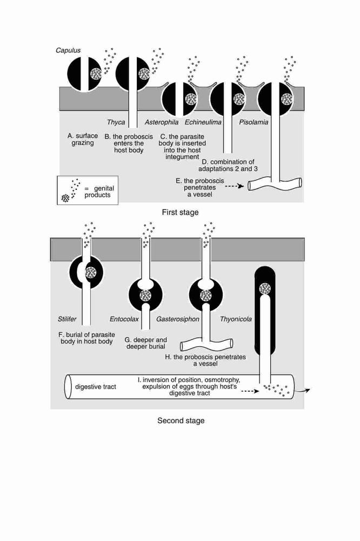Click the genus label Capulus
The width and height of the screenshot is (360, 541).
[68, 50]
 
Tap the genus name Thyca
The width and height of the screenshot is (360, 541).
[116, 122]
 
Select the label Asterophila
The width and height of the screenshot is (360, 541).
[162, 122]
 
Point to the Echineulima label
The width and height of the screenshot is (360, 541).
[203, 122]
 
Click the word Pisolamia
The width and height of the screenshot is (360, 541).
[254, 122]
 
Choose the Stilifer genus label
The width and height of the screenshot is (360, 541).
[67, 319]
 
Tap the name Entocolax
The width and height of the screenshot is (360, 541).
[124, 319]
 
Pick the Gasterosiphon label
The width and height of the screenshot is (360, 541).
[178, 319]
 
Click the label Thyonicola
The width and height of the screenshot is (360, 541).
[236, 319]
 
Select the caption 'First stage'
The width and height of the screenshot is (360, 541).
[181, 212]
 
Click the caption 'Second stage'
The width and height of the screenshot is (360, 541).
[181, 420]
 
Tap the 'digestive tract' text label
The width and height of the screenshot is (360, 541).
[96, 387]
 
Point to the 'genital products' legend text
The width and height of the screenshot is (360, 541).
[99, 192]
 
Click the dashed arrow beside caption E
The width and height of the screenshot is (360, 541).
[235, 187]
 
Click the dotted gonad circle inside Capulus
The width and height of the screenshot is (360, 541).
[96, 73]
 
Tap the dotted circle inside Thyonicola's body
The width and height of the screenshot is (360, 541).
[265, 288]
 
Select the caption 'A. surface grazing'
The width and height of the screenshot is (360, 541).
[83, 139]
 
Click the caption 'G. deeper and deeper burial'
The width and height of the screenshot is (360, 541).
[145, 343]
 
